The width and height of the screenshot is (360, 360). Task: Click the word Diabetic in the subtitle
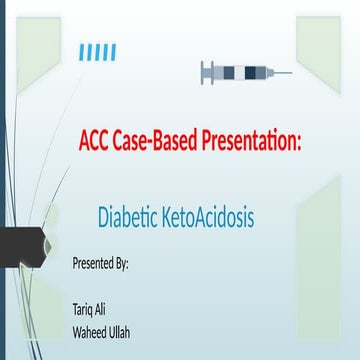tap(129, 215)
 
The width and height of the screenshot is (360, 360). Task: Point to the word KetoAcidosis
tap(207, 215)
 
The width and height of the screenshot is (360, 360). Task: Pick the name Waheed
tap(90, 331)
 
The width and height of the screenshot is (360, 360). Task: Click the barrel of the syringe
tap(244, 72)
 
